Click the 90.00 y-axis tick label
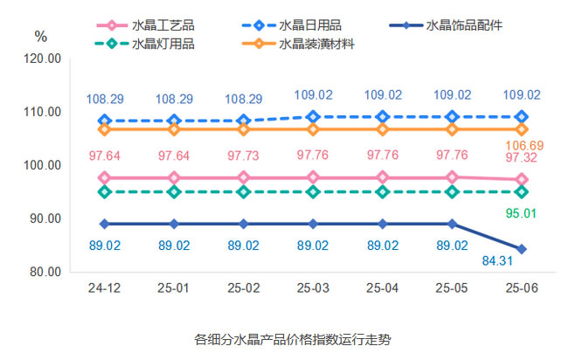pos(44,218)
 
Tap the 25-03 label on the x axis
pos(313,287)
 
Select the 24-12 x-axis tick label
pos(104,287)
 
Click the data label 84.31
pos(496,260)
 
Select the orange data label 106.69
pos(522,145)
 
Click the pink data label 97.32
pos(522,157)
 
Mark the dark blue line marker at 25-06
pos(522,249)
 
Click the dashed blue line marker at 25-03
pos(313,116)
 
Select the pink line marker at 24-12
pos(104,177)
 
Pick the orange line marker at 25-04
pos(383,129)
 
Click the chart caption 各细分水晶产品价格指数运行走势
pos(287,337)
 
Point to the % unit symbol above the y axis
pos(41,36)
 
